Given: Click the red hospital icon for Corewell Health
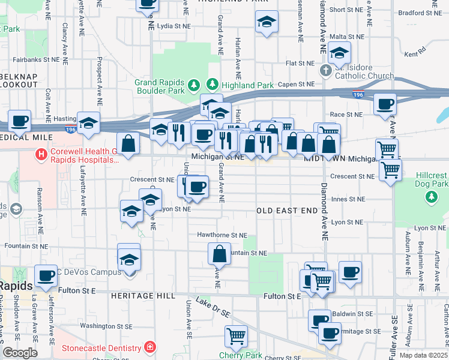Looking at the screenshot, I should (41, 154).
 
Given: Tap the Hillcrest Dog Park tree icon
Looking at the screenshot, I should (430, 196).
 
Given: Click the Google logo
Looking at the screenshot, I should (20, 353).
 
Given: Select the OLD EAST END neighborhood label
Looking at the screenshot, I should (286, 211).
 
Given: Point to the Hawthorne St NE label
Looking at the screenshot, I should (222, 235).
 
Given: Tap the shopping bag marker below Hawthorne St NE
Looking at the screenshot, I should (219, 254).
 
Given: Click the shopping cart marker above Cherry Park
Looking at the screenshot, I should (237, 336).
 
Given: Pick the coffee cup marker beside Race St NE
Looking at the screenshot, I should (385, 104).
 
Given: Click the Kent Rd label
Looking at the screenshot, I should (411, 54).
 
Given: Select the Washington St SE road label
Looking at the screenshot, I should (106, 326).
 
